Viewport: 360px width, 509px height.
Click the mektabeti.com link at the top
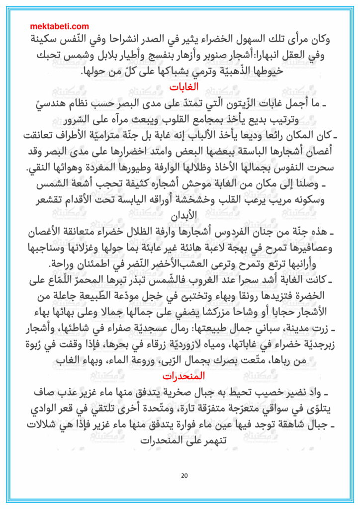coord(60,26)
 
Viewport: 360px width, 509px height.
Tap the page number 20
coord(184,476)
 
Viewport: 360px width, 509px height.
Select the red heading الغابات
coord(184,86)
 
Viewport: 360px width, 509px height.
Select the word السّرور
coord(81,120)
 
